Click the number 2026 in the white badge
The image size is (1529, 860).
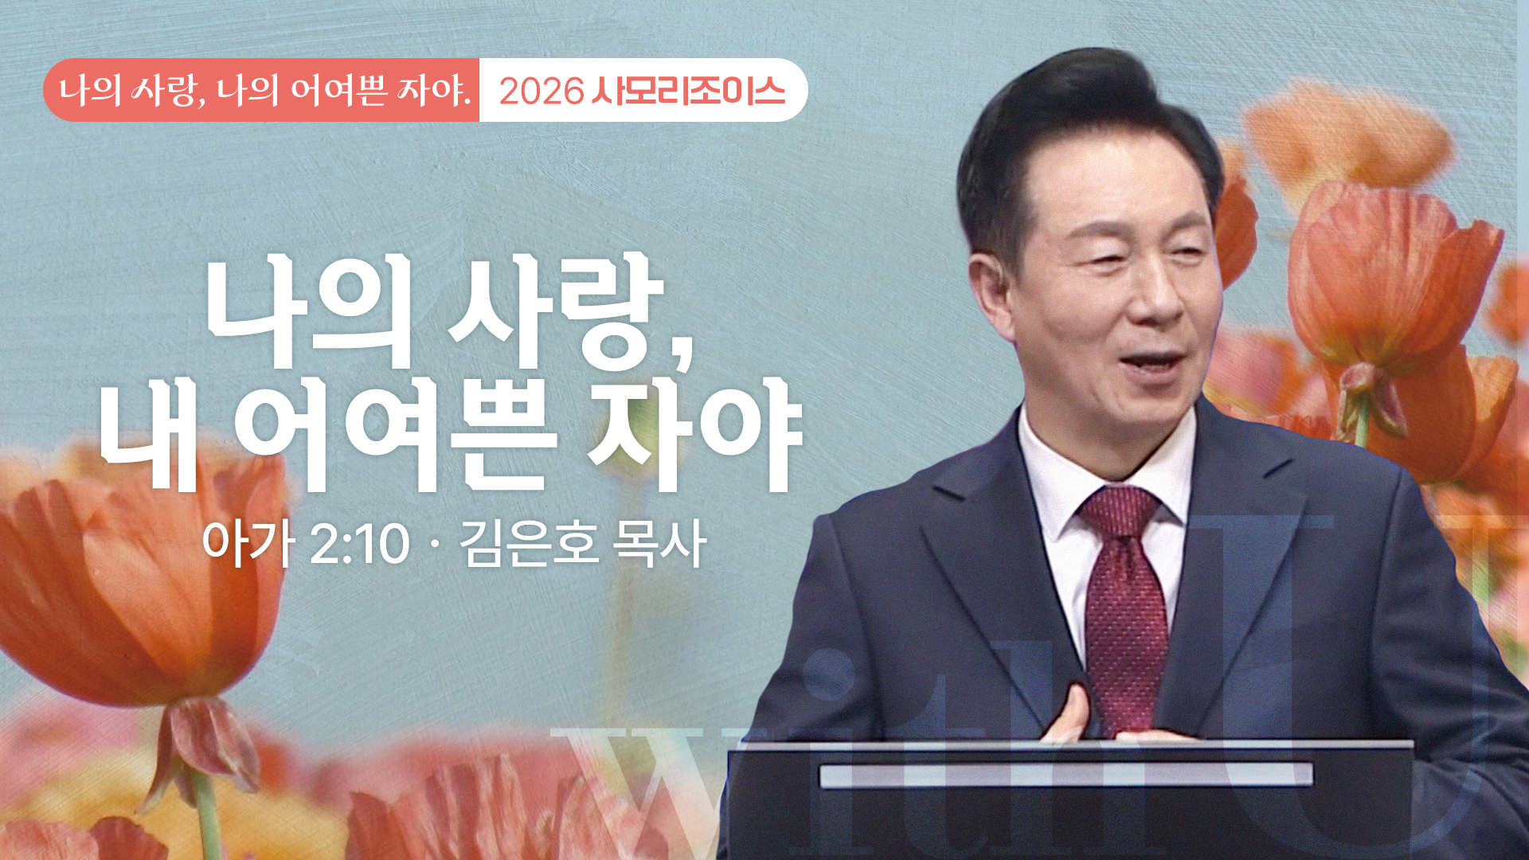click(542, 92)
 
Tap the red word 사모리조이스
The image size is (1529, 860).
click(688, 91)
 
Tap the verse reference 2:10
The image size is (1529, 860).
click(359, 545)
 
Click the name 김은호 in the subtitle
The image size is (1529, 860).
click(528, 544)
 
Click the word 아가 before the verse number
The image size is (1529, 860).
click(248, 544)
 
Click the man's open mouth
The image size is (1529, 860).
click(1152, 363)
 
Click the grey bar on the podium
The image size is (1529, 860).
click(1066, 775)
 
